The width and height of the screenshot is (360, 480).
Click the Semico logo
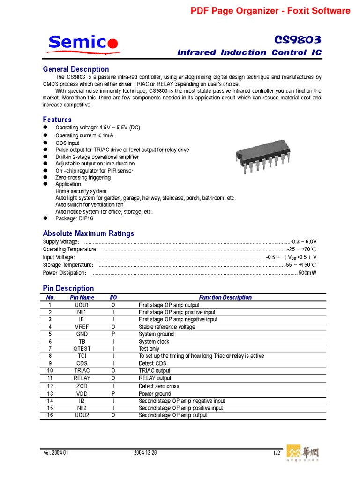pos(83,43)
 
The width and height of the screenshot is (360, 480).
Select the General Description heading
pos(76,69)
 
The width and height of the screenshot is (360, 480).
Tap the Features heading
pos(57,120)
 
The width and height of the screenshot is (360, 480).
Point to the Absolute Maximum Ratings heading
pos(88,233)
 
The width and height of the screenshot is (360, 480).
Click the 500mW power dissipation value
pos(307,273)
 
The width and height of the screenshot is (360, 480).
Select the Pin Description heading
pos(68,288)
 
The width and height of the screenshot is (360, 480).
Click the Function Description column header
pos(225,297)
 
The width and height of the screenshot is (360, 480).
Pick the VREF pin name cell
pos(82,327)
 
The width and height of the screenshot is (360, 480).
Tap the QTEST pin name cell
pos(82,349)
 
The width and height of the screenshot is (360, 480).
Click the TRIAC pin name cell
pos(82,370)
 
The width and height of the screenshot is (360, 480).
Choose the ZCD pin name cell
pos(82,386)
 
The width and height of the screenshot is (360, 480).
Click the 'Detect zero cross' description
pos(159,386)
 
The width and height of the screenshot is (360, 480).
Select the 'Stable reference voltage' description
pos(167,327)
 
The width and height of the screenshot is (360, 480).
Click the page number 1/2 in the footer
pos(277,453)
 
